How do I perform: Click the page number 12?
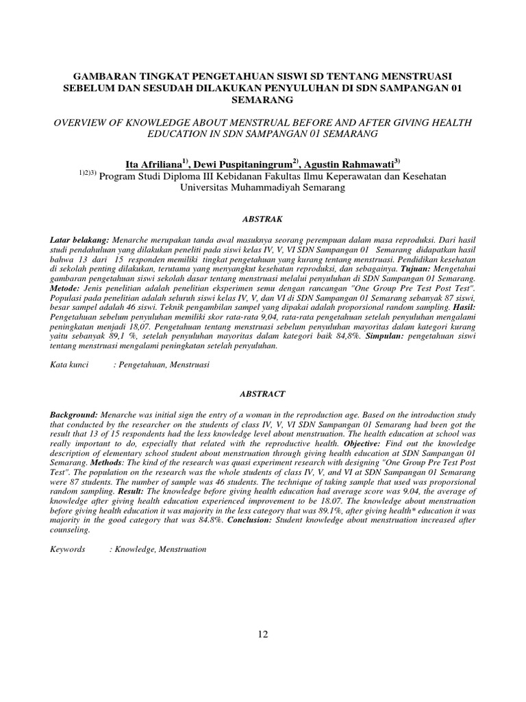point(263,633)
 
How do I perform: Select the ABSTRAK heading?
point(263,218)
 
